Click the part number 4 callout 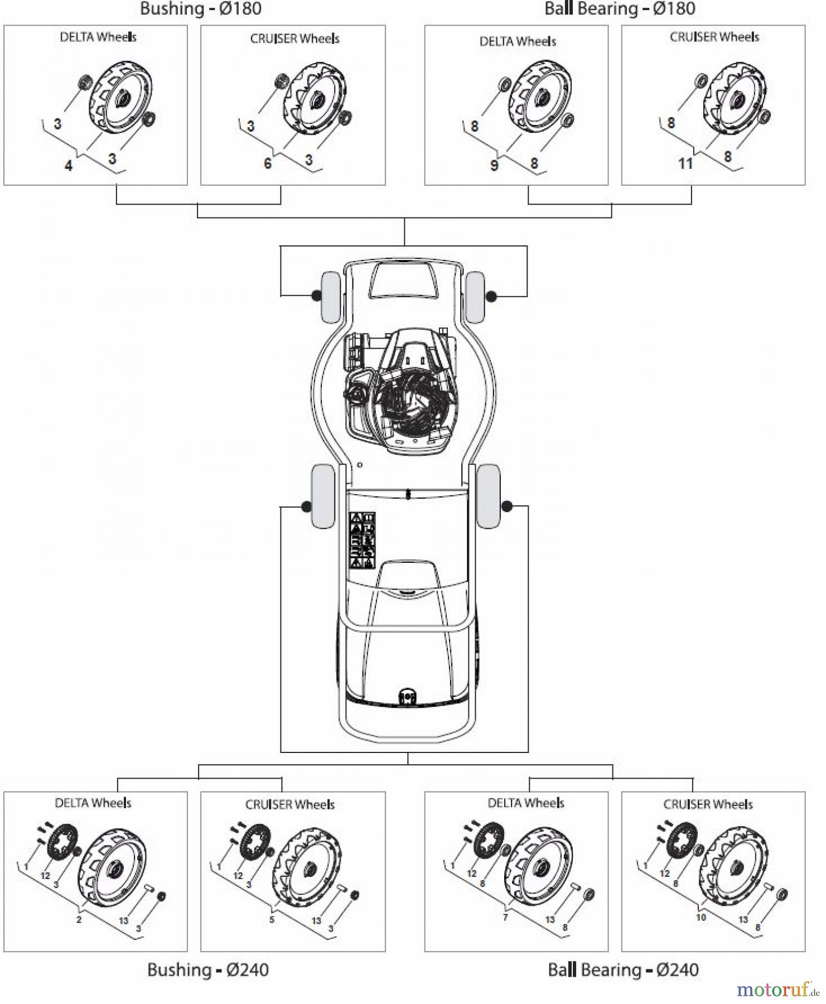pyautogui.click(x=69, y=166)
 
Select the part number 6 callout pyautogui.click(x=267, y=163)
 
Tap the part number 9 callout pyautogui.click(x=494, y=166)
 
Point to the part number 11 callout pyautogui.click(x=685, y=163)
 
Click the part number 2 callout pyautogui.click(x=79, y=919)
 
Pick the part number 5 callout pyautogui.click(x=272, y=919)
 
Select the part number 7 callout pyautogui.click(x=505, y=917)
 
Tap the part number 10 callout pyautogui.click(x=701, y=917)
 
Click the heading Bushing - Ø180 pyautogui.click(x=200, y=8)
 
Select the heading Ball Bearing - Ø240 pyautogui.click(x=623, y=969)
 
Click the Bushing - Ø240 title pyautogui.click(x=208, y=969)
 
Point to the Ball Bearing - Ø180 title pyautogui.click(x=620, y=8)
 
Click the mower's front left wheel pyautogui.click(x=330, y=297)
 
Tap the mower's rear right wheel pyautogui.click(x=489, y=496)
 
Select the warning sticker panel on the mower pyautogui.click(x=362, y=540)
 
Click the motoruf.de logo pyautogui.click(x=777, y=989)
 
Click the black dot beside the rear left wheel pyautogui.click(x=306, y=506)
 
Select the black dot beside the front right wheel pyautogui.click(x=491, y=296)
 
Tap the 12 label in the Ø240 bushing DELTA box pyautogui.click(x=45, y=876)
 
